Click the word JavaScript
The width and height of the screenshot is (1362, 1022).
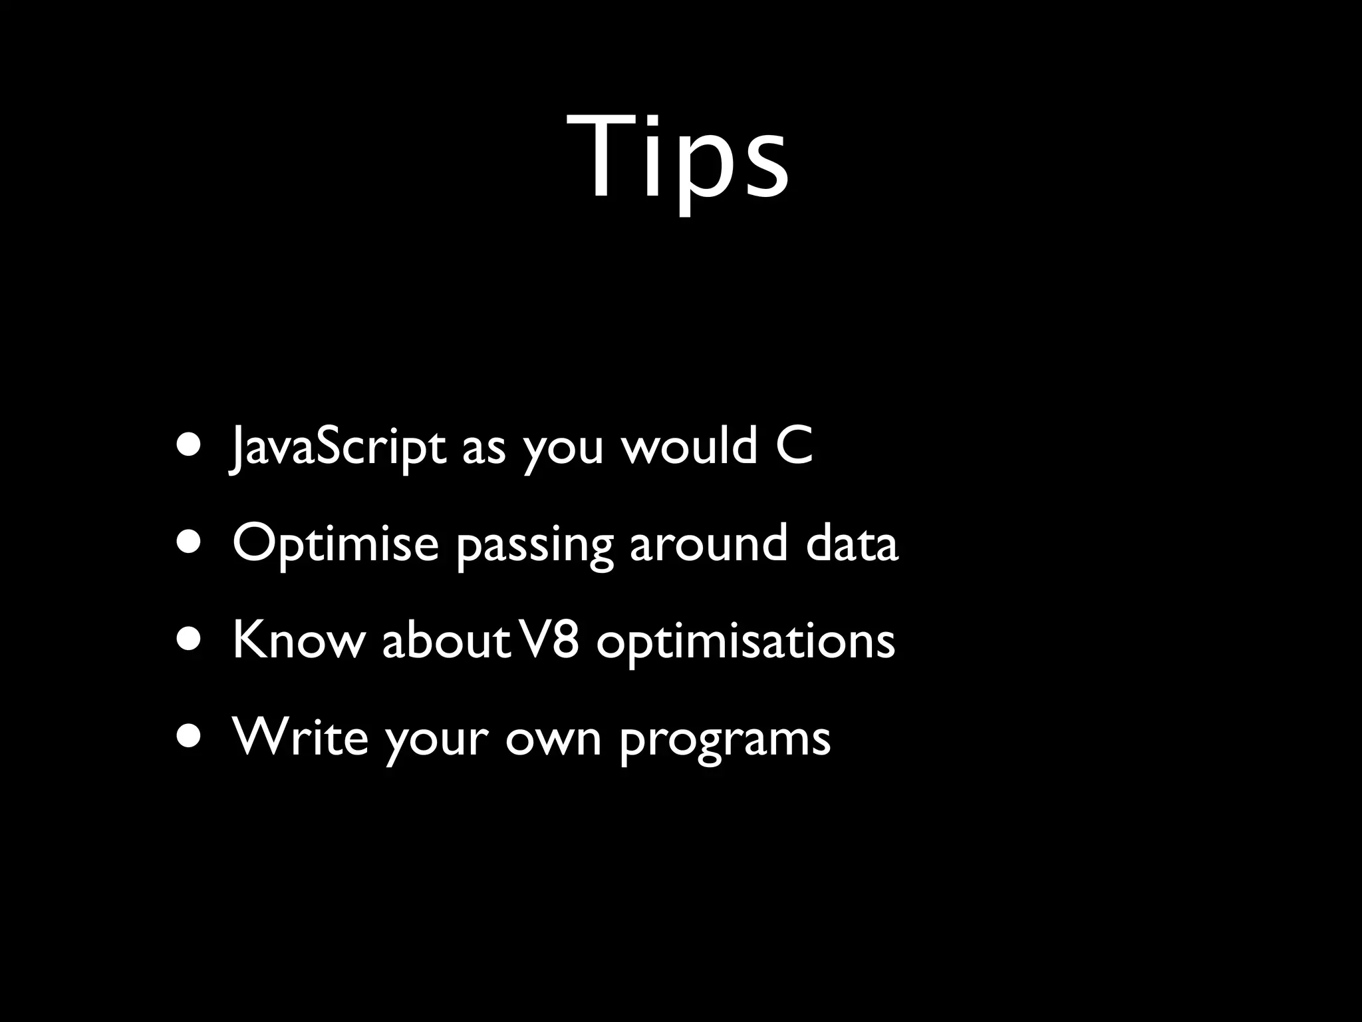coord(338,447)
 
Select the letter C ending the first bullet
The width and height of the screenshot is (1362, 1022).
coord(794,446)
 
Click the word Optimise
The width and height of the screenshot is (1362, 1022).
coord(336,544)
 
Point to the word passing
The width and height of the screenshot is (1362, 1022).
coord(535,546)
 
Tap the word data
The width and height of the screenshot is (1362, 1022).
coord(852,543)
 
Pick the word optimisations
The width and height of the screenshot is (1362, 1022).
coord(746,642)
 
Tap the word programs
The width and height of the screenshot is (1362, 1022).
coord(725,740)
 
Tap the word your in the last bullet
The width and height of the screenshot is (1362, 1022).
coord(437,740)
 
